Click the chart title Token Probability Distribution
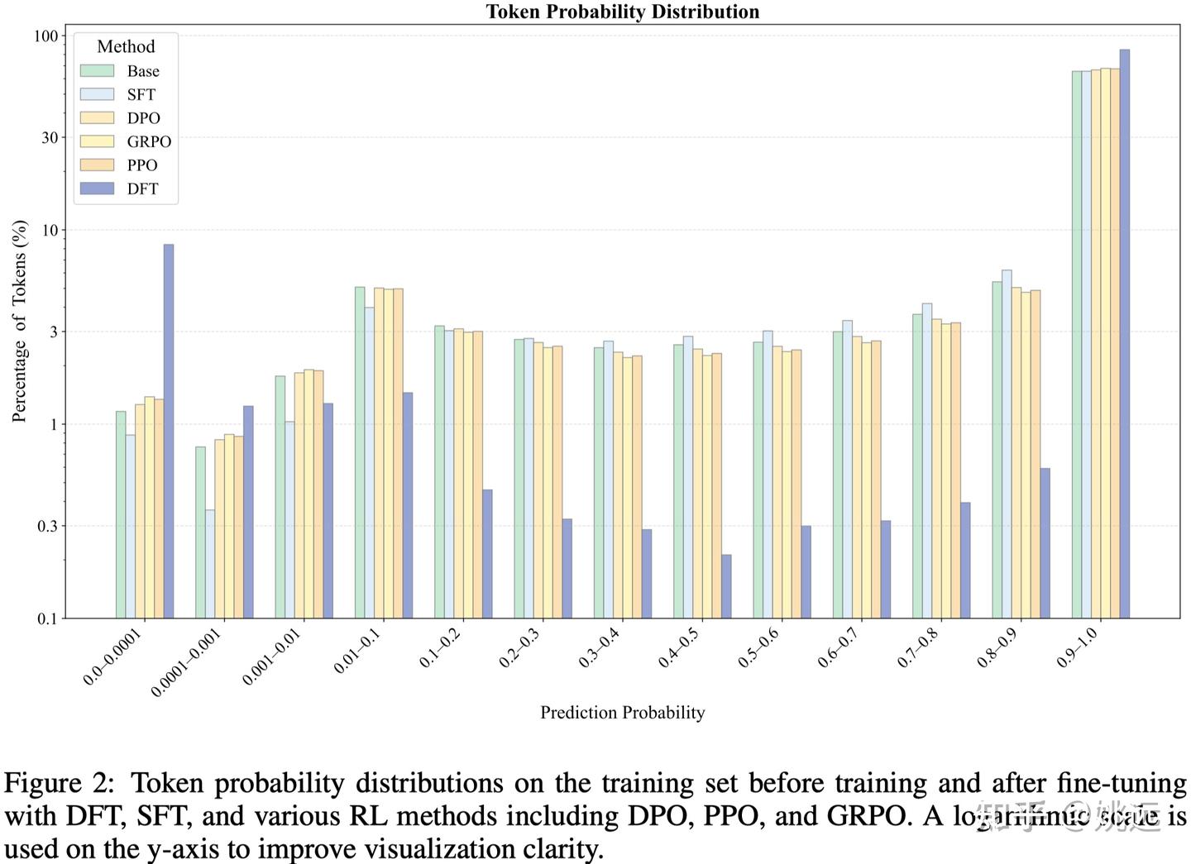pos(622,12)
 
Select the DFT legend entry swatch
pos(97,189)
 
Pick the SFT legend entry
pos(141,95)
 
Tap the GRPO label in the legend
pos(149,141)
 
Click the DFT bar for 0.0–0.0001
pos(169,431)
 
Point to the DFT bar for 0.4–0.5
pos(726,586)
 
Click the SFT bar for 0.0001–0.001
pos(210,564)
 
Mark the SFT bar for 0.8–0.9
pos(1007,444)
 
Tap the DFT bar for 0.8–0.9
pos(1045,543)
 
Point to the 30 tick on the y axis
pos(50,137)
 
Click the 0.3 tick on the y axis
pos(48,526)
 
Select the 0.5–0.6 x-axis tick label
pos(758,648)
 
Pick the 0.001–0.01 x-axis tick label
pos(271,657)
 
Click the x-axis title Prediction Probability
pos(622,713)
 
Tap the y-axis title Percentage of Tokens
pos(20,322)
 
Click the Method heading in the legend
pos(126,47)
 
